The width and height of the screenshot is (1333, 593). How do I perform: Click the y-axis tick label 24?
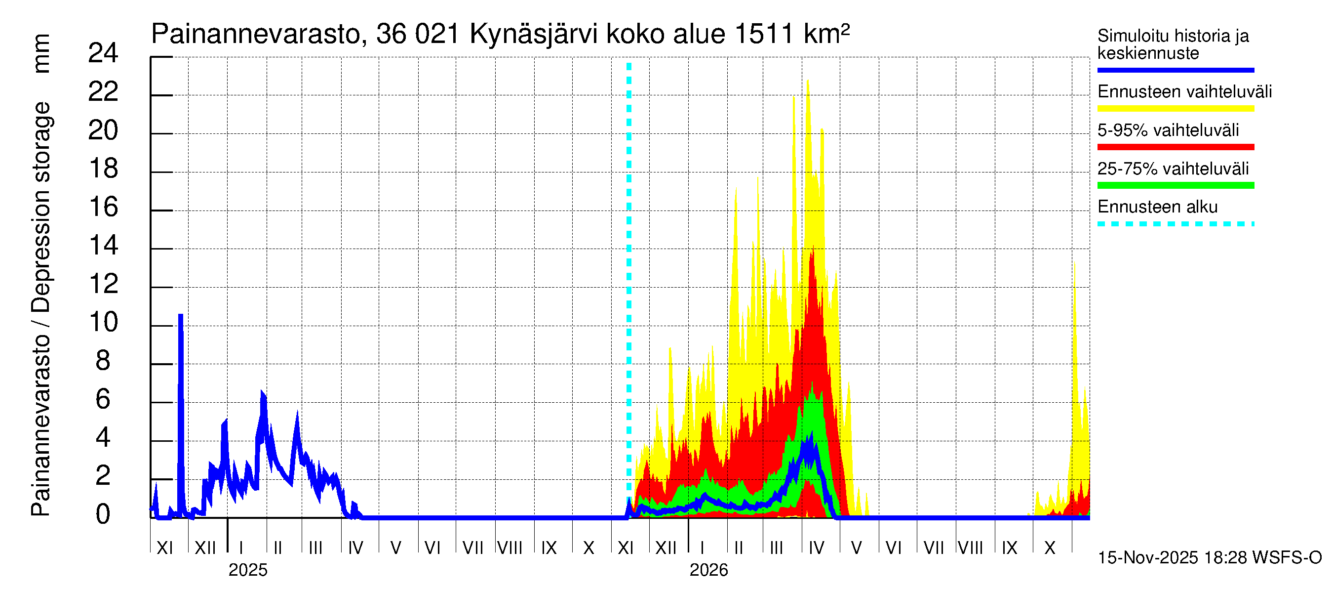(103, 53)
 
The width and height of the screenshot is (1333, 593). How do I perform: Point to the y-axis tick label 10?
(103, 323)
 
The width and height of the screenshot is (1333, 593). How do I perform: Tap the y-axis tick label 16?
(103, 207)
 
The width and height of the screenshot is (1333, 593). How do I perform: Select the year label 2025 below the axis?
(248, 570)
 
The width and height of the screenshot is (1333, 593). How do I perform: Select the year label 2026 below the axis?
(708, 570)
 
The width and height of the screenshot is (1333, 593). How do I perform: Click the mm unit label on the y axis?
(41, 53)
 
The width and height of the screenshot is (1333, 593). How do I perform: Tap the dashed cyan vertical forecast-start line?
(628, 259)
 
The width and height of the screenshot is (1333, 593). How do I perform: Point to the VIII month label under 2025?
(510, 548)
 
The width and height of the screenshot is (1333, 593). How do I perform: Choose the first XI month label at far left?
(164, 548)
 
